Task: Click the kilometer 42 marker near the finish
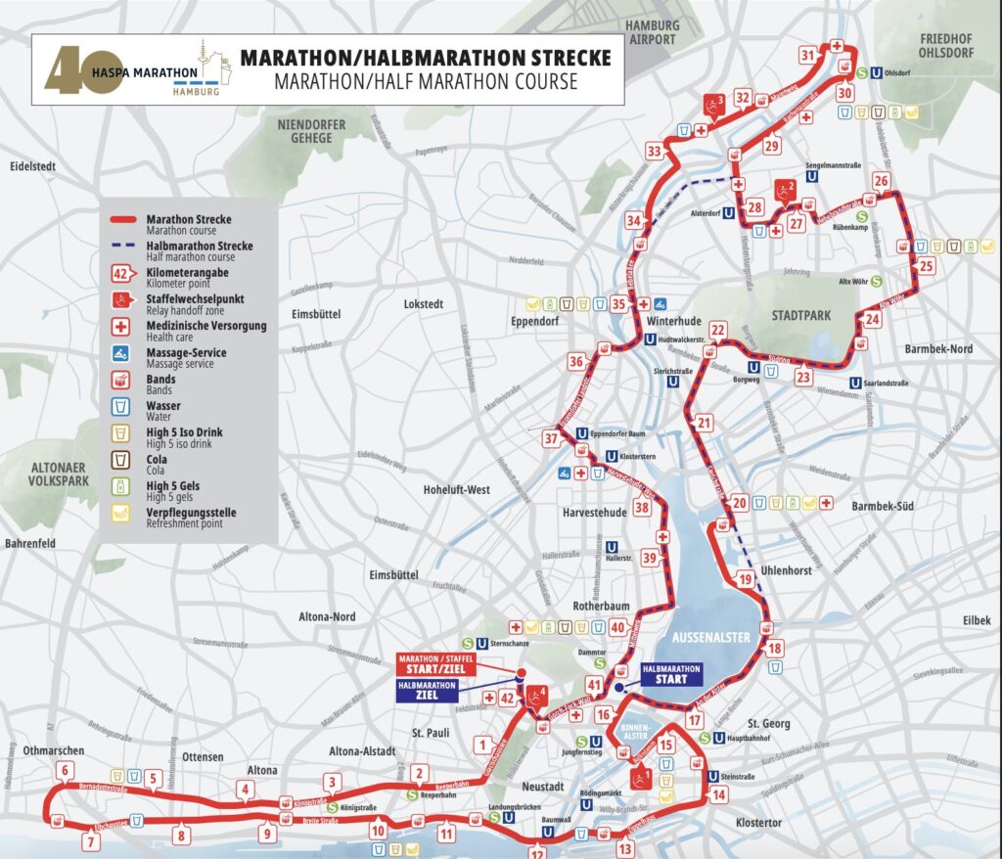point(507,698)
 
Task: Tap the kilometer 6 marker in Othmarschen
point(65,770)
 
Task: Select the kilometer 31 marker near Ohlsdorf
point(808,56)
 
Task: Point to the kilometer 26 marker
point(882,181)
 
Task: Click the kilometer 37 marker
point(552,437)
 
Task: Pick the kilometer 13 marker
point(625,849)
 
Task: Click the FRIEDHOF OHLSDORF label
point(946,45)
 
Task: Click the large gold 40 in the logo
point(69,70)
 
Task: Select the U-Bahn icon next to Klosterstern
point(612,456)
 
